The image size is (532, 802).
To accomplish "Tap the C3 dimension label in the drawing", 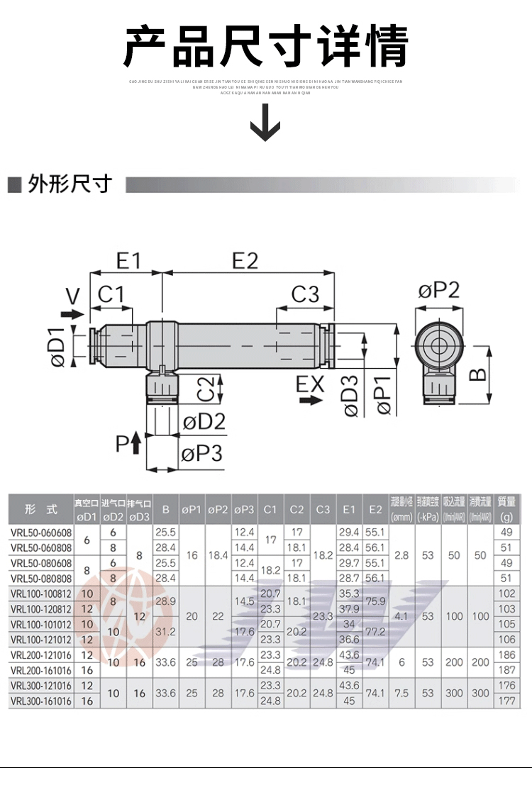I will pyautogui.click(x=305, y=294).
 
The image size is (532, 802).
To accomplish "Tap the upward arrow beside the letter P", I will pyautogui.click(x=136, y=445).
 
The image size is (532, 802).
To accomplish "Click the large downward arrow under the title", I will pyautogui.click(x=266, y=122).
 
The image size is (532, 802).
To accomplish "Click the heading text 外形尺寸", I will pyautogui.click(x=70, y=184).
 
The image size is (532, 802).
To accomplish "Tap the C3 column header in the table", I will pyautogui.click(x=323, y=509).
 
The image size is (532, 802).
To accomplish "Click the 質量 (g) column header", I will pyautogui.click(x=506, y=508).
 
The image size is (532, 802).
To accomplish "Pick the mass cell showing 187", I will pyautogui.click(x=506, y=670).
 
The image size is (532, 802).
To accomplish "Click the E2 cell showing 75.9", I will pyautogui.click(x=375, y=601).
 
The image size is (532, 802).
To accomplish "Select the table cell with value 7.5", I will pyautogui.click(x=401, y=693).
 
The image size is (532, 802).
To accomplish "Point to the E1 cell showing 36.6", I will pyautogui.click(x=349, y=639).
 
